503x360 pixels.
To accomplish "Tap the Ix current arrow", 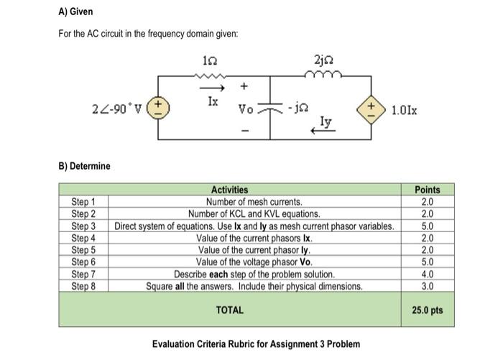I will (209, 88).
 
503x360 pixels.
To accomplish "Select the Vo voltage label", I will (246, 111).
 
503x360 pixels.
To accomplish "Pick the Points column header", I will (428, 190).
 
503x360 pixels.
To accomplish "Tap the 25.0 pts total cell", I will (428, 310).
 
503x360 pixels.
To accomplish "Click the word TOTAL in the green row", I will (230, 310).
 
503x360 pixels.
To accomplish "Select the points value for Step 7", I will (428, 274).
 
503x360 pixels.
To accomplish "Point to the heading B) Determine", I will (84, 166).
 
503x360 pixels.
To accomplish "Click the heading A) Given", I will (75, 12).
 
